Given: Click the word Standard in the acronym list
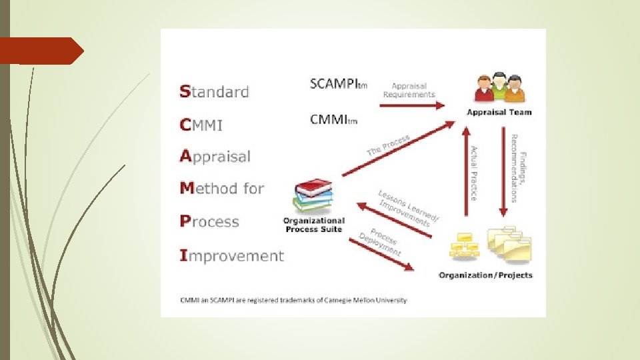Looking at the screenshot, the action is pos(214,91).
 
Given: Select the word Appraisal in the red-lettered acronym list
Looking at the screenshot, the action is pos(215,157).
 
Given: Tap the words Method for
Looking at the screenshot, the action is pos(222,189).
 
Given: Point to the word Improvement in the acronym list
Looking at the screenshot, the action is pos(232,255).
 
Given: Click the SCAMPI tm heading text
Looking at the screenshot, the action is pos(338,84).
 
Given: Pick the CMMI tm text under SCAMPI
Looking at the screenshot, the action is pos(333,120).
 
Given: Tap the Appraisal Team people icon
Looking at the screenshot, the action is pos(499,89).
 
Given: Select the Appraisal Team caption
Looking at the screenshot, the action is pos(499,112).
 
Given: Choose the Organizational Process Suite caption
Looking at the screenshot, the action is pos(313,225).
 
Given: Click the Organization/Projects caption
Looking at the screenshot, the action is pos(485,275).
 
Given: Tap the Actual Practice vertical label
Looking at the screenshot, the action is pos(474,173).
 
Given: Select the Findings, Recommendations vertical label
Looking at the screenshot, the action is pos(518,168).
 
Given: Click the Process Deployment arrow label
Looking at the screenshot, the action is pos(381,243).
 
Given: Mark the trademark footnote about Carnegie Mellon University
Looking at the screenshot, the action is pos(293,300).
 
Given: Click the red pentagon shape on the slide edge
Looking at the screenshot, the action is pos(41,51).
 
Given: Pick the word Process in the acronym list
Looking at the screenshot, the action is pos(209,221).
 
